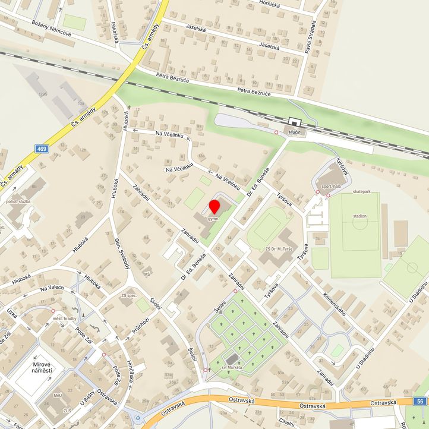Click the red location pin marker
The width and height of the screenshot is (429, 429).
(214, 207)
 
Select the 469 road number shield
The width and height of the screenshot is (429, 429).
(41, 149)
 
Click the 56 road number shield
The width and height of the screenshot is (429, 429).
(421, 402)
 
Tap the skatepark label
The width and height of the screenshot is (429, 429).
(361, 192)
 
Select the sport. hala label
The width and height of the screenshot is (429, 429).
(331, 186)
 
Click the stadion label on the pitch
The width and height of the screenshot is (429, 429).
(359, 216)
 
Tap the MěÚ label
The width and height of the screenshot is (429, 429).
(58, 412)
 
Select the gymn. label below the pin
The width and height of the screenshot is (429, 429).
(214, 219)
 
